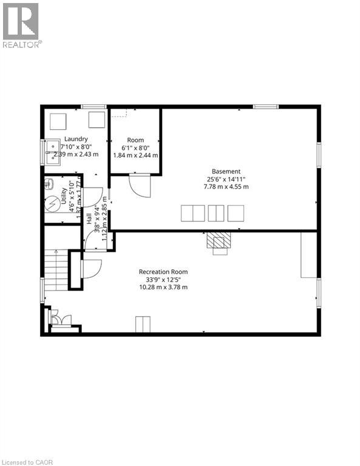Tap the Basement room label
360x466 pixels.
pyautogui.click(x=226, y=171)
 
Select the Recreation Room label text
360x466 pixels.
pyautogui.click(x=163, y=271)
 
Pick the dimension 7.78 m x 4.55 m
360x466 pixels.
pyautogui.click(x=226, y=186)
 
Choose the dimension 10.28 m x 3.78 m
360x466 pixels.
pyautogui.click(x=163, y=286)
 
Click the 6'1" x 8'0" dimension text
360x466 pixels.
pyautogui.click(x=135, y=147)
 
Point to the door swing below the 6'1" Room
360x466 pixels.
pyautogui.click(x=140, y=185)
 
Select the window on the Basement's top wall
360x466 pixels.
pyautogui.click(x=265, y=107)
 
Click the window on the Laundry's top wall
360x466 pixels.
pyautogui.click(x=93, y=107)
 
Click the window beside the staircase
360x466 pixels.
pyautogui.click(x=42, y=289)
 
